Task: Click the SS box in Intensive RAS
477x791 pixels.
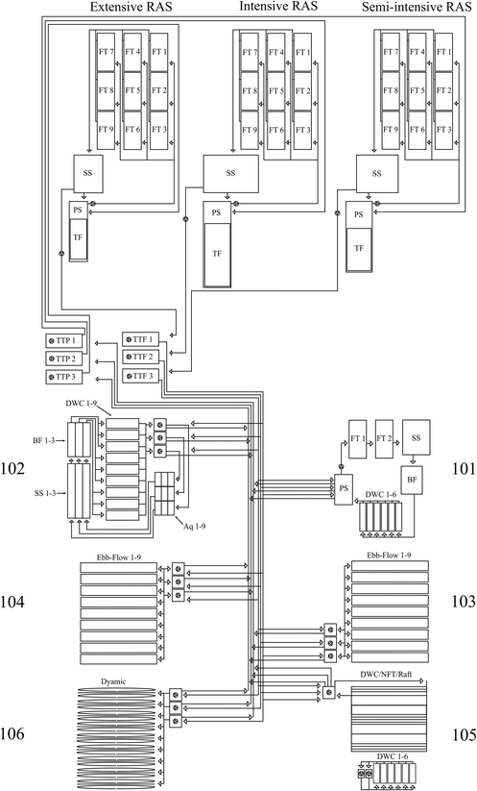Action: click(x=229, y=174)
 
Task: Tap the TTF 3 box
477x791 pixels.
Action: click(x=139, y=375)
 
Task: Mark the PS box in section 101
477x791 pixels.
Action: click(x=344, y=489)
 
